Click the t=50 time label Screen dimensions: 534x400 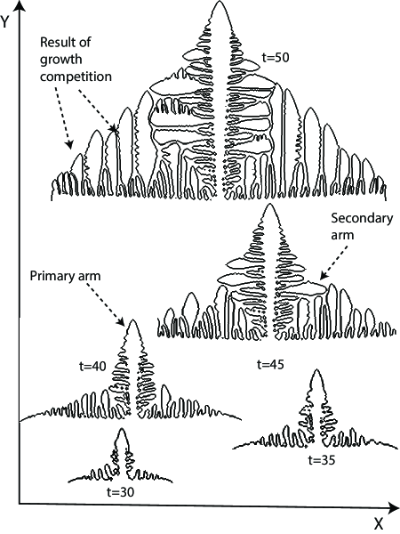[x=276, y=57]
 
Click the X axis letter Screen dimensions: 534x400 [x=378, y=523]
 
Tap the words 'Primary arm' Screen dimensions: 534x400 [x=62, y=276]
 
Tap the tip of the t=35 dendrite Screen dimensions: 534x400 [x=316, y=370]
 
